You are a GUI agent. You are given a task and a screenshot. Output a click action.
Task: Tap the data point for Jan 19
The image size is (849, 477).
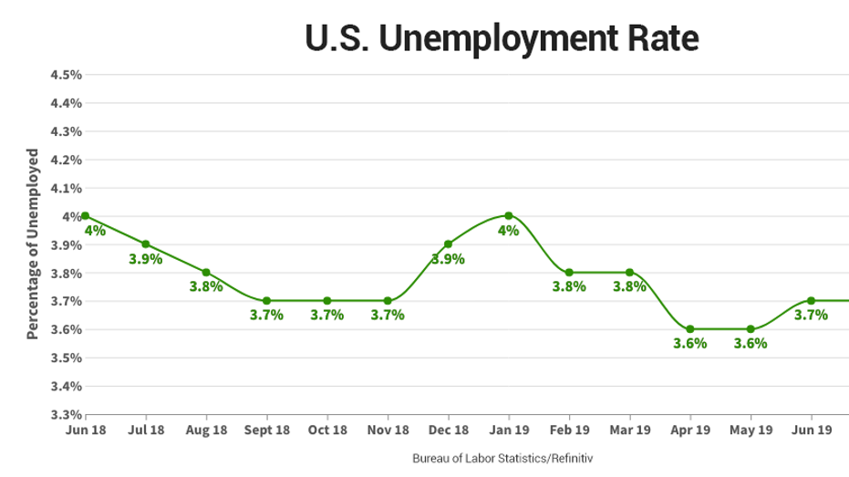tap(508, 215)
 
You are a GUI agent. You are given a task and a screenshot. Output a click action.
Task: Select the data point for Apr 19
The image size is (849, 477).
tap(690, 328)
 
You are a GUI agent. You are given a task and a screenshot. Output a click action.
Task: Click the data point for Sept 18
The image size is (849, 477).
tap(266, 300)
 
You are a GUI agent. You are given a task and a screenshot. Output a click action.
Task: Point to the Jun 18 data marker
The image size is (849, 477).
tap(85, 216)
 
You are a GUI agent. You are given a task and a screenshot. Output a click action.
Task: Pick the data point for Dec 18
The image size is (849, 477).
tap(448, 244)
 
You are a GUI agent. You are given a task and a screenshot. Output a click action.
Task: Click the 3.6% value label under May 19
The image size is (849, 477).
tap(751, 344)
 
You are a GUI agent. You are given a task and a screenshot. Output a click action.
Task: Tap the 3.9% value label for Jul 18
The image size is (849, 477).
tap(145, 259)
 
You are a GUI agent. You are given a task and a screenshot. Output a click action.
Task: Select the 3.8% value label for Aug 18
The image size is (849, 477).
tap(206, 286)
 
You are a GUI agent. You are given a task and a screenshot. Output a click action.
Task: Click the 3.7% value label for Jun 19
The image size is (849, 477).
tap(811, 316)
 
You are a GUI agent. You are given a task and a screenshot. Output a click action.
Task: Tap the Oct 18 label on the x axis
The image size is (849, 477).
tap(327, 429)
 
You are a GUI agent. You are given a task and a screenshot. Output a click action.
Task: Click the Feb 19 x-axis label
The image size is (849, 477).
tap(569, 429)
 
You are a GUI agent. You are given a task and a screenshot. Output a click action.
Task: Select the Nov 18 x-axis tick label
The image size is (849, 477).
tap(388, 429)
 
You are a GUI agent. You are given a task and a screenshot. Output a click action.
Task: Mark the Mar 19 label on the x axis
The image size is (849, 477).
tap(629, 429)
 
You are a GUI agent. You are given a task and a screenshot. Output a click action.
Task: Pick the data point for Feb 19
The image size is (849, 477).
tap(569, 272)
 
